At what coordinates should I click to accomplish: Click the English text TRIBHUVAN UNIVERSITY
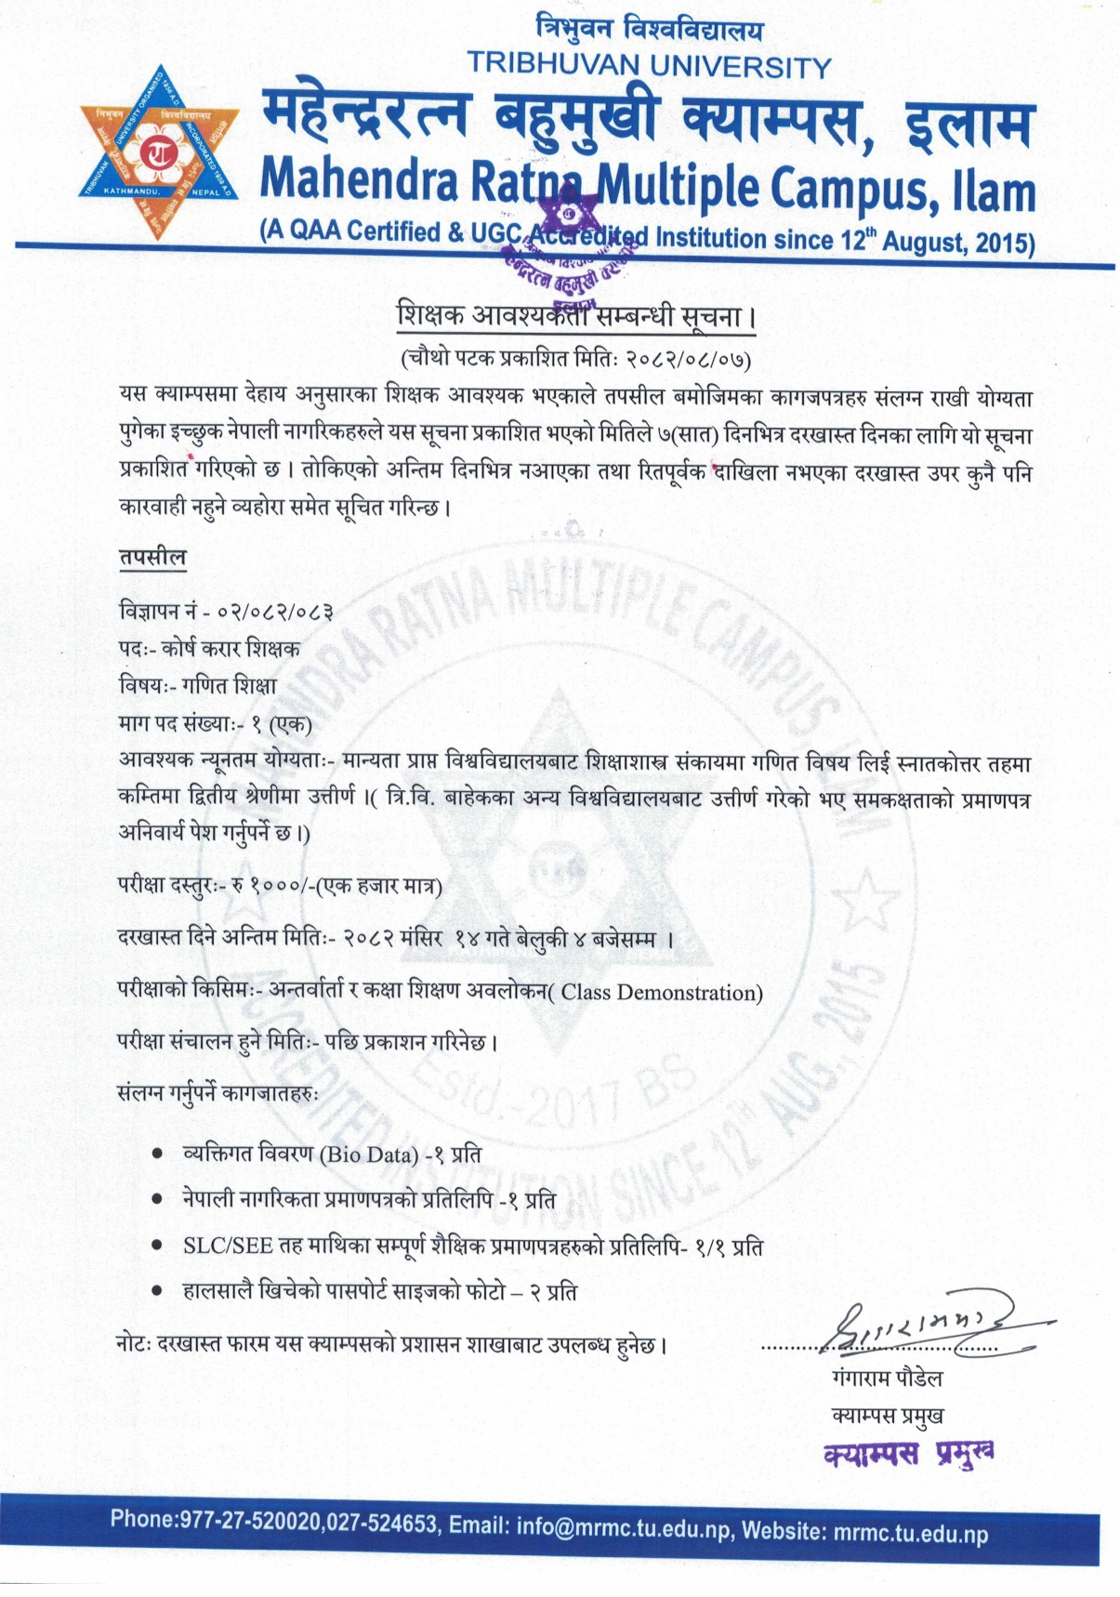[x=649, y=66]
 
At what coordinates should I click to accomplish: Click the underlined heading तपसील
[x=152, y=558]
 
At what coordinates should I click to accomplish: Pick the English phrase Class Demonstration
[x=661, y=993]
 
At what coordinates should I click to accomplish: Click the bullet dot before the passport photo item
[x=158, y=1291]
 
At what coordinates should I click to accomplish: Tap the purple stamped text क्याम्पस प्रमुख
[x=908, y=1453]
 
